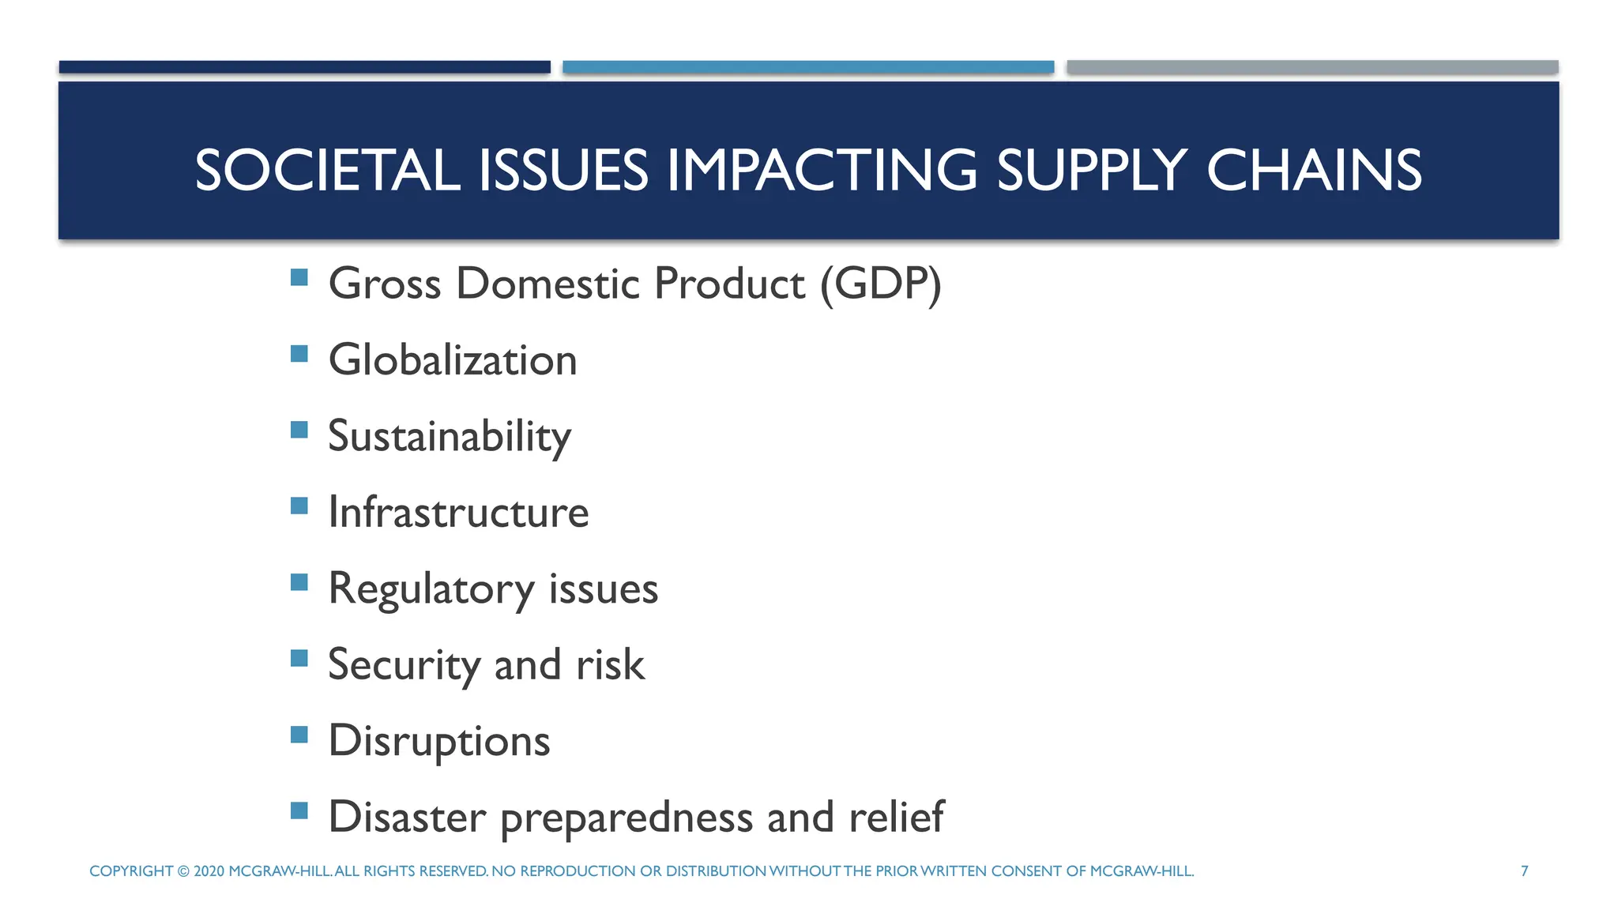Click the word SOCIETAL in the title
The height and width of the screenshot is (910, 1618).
coord(327,171)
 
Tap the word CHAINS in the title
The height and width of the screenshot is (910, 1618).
coord(1314,171)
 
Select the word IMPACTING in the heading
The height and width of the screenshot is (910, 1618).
coord(822,171)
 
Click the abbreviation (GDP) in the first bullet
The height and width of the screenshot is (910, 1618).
coord(881,284)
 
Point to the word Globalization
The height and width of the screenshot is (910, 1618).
coord(453,360)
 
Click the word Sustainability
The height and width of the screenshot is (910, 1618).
coord(450,437)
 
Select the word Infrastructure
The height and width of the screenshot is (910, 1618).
coord(458,513)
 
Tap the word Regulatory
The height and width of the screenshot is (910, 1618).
coord(431,589)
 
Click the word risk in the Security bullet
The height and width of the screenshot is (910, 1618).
coord(610,664)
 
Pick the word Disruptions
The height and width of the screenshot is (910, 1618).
coord(439,741)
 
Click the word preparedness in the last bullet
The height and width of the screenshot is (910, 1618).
coord(627,818)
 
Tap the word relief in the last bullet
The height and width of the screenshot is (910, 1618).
coord(896,817)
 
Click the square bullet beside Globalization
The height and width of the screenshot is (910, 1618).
coord(299,353)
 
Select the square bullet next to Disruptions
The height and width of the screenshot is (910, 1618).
coord(299,735)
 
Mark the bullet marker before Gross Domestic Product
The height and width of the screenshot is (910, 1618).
coord(299,277)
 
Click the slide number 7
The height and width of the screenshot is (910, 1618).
coord(1525,871)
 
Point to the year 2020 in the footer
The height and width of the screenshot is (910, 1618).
coord(209,871)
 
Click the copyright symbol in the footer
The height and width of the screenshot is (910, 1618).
coord(183,871)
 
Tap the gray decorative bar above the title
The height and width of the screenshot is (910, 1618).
coord(1312,67)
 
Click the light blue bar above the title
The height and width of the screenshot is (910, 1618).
coord(808,67)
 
